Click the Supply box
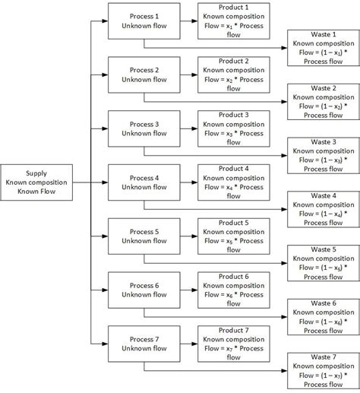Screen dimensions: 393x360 [36, 182]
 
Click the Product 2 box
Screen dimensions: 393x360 [231, 74]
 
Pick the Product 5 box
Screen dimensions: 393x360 [231, 236]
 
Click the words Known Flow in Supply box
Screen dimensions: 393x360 [36, 192]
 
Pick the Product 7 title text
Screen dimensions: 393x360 [231, 331]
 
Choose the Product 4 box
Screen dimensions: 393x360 [231, 182]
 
